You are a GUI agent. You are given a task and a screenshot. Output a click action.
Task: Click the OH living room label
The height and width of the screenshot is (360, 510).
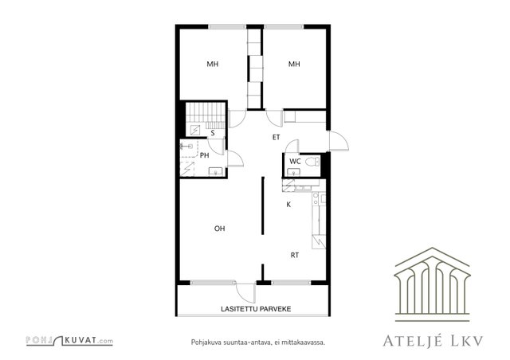pos(220,229)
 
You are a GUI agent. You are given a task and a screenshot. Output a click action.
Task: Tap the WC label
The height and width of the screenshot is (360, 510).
pos(295,162)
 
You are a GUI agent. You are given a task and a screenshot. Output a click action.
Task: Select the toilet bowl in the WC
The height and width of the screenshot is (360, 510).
pos(312,162)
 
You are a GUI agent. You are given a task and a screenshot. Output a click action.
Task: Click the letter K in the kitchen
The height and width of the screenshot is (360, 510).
pos(288,205)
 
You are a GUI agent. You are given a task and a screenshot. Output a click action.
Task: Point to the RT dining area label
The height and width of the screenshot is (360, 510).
pos(295,256)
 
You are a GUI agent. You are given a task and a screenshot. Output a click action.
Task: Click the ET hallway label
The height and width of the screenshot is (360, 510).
pos(277,137)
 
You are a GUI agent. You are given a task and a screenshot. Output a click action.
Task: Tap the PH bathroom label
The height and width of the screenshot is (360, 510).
pos(204,155)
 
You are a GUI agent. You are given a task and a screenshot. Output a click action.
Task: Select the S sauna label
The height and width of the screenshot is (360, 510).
pos(213,133)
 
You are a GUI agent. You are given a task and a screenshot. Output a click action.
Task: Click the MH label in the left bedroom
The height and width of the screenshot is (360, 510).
pos(213,64)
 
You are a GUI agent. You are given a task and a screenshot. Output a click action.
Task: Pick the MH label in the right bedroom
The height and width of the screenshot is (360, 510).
pos(294,64)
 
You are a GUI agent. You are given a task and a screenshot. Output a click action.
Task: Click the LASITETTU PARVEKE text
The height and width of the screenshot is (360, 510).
pos(256,309)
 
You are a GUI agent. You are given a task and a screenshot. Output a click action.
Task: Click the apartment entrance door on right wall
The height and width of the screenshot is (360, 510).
pos(338,141)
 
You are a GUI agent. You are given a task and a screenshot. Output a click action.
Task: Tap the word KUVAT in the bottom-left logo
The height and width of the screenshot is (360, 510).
pos(80,341)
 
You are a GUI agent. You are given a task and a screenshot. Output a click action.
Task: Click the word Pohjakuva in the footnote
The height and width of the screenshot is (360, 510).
pos(203,342)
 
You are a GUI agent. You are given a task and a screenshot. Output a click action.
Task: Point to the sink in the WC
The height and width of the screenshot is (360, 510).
pos(294,172)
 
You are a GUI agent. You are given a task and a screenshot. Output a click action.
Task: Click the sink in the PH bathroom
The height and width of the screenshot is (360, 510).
pos(215,171)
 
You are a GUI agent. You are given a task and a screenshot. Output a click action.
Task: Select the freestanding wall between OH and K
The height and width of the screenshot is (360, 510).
pos(263,205)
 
